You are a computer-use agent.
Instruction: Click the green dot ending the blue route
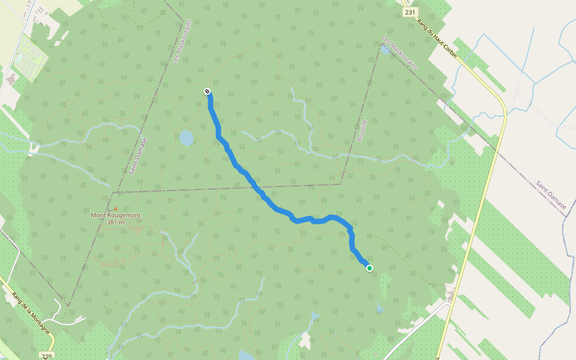[x=370, y=268]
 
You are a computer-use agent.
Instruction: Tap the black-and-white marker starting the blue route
[x=207, y=91]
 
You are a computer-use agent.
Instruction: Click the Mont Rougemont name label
[x=115, y=215]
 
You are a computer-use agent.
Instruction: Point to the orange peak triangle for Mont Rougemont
[x=116, y=208]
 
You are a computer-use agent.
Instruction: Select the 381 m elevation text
[x=115, y=222]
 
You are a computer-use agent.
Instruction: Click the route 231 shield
[x=410, y=13]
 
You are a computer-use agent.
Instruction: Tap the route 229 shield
[x=46, y=356]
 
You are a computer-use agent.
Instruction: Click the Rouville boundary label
[x=362, y=130]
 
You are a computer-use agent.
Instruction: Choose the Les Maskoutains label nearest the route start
[x=176, y=48]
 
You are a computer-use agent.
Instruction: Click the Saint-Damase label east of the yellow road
[x=551, y=194]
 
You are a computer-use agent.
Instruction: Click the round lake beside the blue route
[x=186, y=138]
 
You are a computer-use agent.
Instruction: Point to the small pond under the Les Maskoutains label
[x=384, y=50]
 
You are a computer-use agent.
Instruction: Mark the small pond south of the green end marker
[x=379, y=309]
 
